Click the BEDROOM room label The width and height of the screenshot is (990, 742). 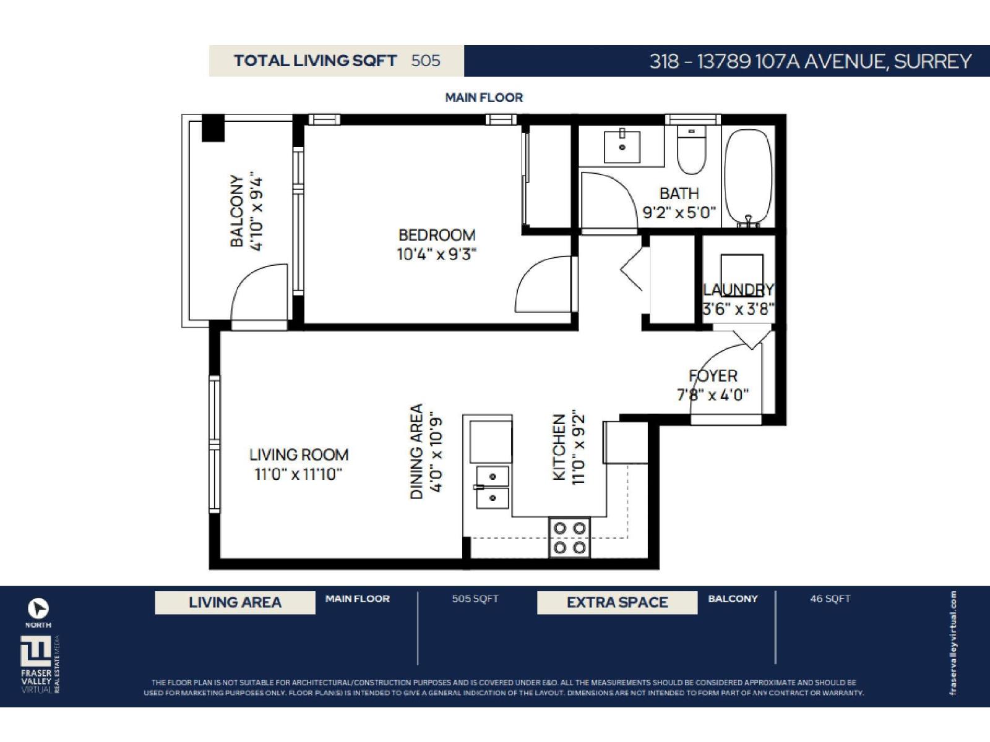(437, 235)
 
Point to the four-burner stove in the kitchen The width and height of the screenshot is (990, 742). (570, 537)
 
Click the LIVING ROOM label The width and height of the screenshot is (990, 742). (299, 455)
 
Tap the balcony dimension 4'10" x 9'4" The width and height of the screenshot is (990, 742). (256, 213)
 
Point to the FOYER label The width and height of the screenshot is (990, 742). (713, 376)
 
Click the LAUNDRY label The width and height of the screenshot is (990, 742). (738, 289)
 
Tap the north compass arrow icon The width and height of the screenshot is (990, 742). (38, 608)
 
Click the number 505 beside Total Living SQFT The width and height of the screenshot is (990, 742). (426, 61)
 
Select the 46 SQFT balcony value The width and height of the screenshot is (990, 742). (830, 599)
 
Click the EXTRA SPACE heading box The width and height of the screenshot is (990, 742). (617, 602)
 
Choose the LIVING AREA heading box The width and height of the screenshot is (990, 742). (235, 602)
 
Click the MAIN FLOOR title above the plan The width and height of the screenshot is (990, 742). (484, 97)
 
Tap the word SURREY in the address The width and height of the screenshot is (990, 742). (932, 61)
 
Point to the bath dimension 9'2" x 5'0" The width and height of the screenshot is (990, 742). (679, 213)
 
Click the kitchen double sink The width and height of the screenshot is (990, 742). (493, 487)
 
